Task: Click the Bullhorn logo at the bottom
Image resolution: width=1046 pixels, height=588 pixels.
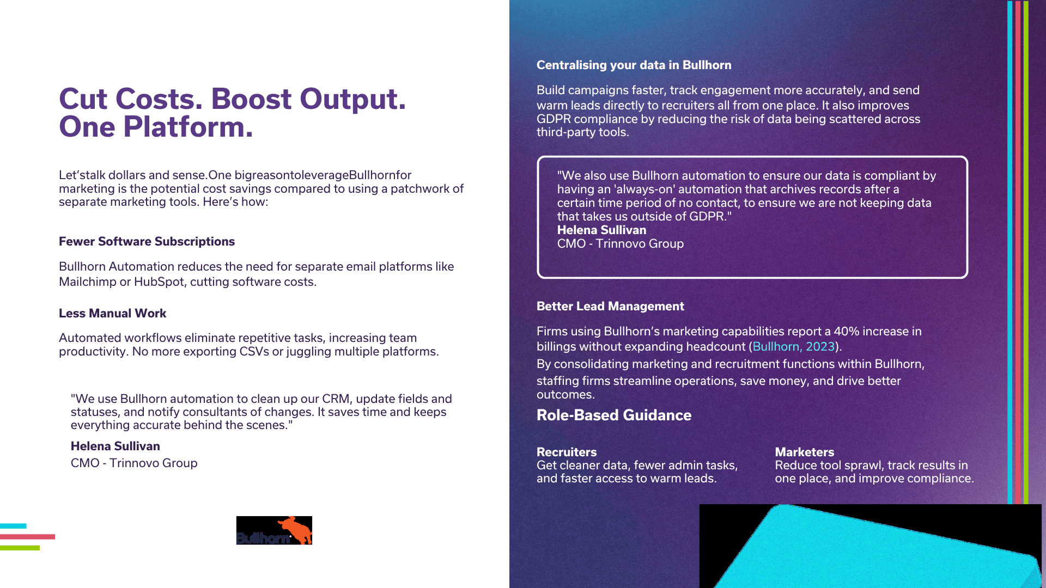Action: pos(274,530)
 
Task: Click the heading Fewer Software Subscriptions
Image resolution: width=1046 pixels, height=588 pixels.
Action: pos(147,241)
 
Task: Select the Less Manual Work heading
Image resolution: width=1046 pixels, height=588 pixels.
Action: pos(112,313)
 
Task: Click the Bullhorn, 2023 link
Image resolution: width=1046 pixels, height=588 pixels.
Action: pos(793,346)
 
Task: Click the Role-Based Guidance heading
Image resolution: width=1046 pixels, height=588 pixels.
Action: pos(614,415)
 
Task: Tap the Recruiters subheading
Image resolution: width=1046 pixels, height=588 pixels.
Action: pos(567,452)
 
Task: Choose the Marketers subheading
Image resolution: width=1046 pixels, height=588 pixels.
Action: pos(805,452)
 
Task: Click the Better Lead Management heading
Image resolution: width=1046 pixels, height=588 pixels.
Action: pos(610,306)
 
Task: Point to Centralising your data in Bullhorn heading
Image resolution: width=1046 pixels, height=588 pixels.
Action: pos(634,65)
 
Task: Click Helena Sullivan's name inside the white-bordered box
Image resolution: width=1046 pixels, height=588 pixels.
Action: pos(601,230)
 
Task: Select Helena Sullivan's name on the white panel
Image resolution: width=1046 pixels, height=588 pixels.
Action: pos(115,446)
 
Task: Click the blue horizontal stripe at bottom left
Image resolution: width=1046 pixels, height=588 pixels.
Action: pos(13,526)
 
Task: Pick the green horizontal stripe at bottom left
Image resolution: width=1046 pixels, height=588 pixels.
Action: pos(20,548)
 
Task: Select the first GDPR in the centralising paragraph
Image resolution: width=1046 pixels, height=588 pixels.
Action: pos(554,119)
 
